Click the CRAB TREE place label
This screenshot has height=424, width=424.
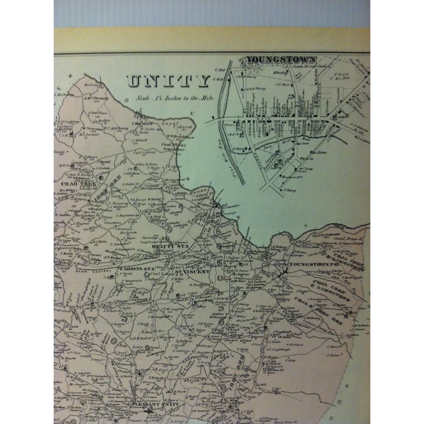point(76,183)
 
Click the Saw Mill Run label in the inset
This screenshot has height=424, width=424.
point(227,139)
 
